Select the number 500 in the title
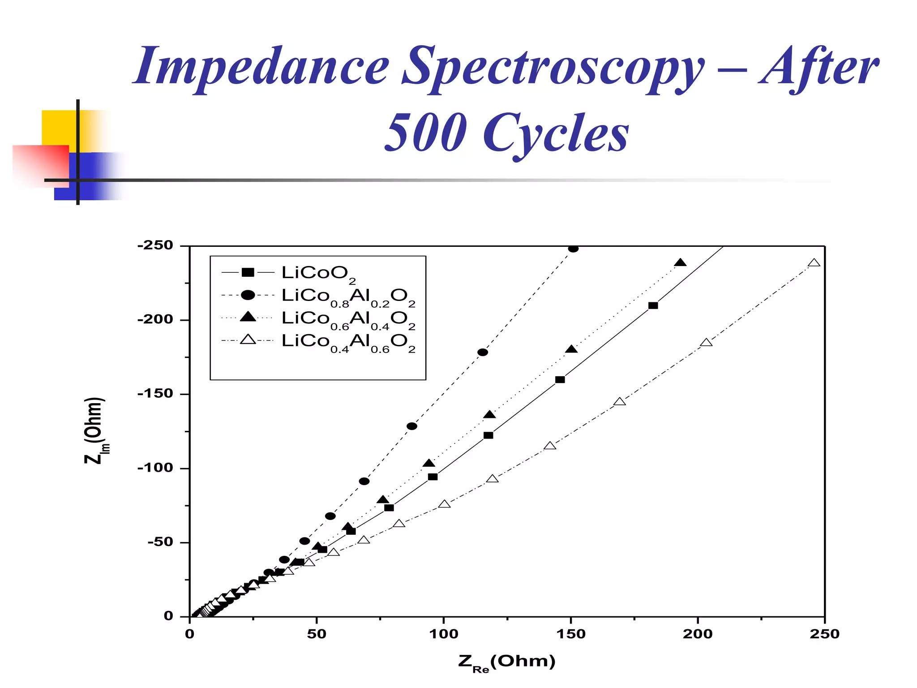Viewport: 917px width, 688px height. [x=425, y=133]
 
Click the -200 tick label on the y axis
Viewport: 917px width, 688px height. [x=155, y=320]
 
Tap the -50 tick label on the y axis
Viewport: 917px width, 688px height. [x=160, y=542]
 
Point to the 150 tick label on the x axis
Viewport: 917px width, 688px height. [x=570, y=634]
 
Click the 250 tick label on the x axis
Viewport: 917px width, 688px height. [x=824, y=634]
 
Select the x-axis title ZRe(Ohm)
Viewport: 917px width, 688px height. [x=506, y=662]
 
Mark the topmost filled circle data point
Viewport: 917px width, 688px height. [x=573, y=249]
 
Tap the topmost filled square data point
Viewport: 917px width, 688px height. [x=653, y=305]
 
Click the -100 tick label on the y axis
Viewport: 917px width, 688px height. [x=155, y=468]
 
